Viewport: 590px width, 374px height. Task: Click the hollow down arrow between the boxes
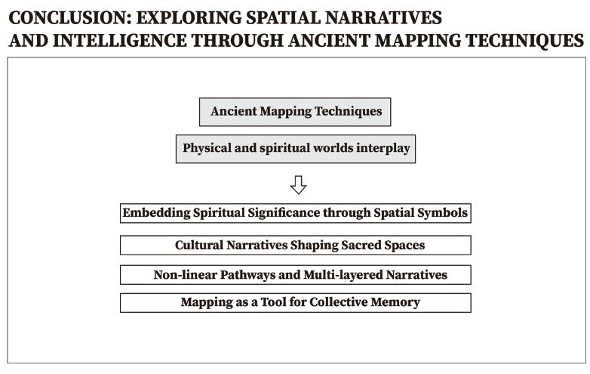298,185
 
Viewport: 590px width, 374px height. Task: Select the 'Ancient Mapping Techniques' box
295,112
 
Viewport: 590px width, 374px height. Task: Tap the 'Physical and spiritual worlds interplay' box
296,148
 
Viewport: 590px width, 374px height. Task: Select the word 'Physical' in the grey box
206,148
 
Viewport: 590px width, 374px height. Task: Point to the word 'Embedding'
154,213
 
